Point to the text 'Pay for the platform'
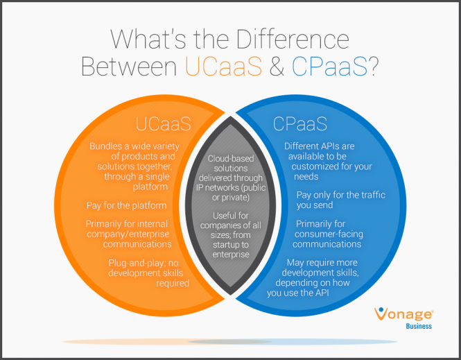tap(128, 205)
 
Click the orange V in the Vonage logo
tap(380, 314)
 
